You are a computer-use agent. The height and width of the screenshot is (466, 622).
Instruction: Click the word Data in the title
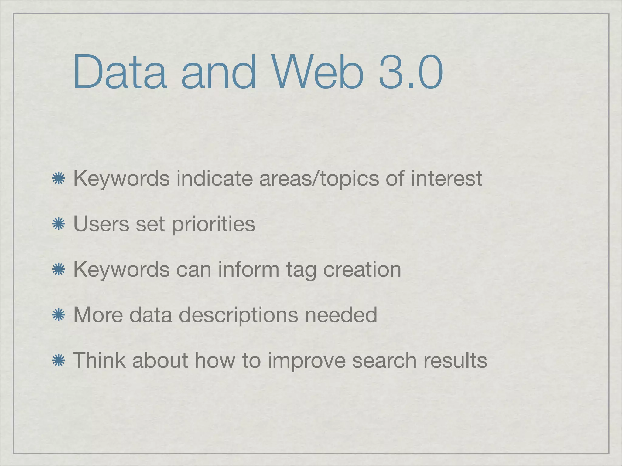[x=120, y=72]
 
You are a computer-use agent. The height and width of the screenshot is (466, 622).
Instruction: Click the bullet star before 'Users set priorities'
[x=59, y=224]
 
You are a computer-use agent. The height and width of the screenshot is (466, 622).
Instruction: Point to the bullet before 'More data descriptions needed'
[x=59, y=315]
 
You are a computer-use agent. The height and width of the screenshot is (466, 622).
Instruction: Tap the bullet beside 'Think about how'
[x=59, y=361]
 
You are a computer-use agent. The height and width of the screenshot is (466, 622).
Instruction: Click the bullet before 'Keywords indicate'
[x=59, y=179]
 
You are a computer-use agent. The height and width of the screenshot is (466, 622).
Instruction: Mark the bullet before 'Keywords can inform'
[x=59, y=270]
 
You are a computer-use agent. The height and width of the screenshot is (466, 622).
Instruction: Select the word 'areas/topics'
[x=319, y=179]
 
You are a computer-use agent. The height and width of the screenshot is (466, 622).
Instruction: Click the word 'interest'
[x=446, y=178]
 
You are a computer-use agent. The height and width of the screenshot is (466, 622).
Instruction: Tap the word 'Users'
[x=101, y=224]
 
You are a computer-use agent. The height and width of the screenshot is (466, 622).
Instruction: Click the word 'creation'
[x=362, y=269]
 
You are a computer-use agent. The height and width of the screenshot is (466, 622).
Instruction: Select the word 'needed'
[x=341, y=315]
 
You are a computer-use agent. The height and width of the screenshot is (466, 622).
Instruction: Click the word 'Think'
[x=99, y=360]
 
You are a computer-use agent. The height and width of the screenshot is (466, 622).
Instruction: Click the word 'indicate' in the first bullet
[x=214, y=178]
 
